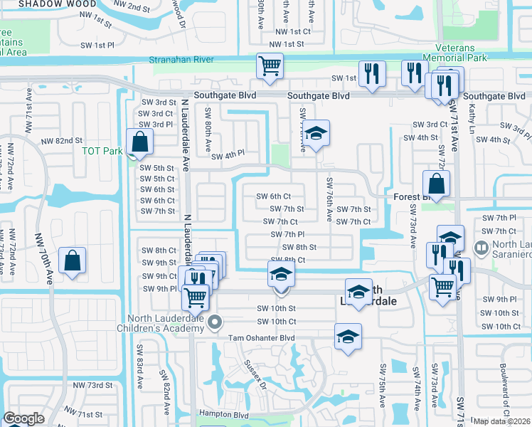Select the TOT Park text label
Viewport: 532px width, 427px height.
[102, 151]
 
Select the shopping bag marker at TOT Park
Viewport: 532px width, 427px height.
[140, 142]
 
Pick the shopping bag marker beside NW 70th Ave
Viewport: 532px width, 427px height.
[73, 261]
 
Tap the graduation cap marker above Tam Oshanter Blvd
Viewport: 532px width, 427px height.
[348, 337]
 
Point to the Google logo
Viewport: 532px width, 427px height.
[23, 418]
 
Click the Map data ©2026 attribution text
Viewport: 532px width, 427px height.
[502, 421]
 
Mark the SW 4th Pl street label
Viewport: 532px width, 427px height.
[228, 153]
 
